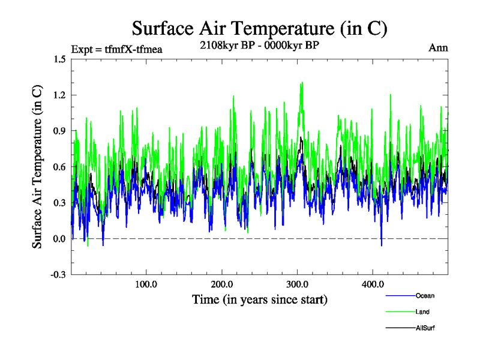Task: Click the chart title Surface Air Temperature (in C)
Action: (x=259, y=28)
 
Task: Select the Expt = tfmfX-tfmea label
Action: (x=116, y=49)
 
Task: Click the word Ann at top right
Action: (x=439, y=48)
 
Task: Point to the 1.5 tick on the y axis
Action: (x=59, y=59)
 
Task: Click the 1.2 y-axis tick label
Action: (x=59, y=95)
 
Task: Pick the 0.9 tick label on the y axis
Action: (x=59, y=131)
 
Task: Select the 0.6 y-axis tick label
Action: (x=59, y=167)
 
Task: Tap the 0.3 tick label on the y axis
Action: (x=59, y=203)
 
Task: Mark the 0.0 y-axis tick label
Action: (x=59, y=239)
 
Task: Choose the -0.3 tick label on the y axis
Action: (x=58, y=275)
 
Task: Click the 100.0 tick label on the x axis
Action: (x=146, y=284)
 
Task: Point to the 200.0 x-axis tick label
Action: (x=221, y=284)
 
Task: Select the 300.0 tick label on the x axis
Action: (x=297, y=284)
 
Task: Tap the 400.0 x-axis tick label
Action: (x=373, y=284)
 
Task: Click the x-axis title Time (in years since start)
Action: (x=259, y=299)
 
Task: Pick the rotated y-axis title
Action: (x=37, y=167)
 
